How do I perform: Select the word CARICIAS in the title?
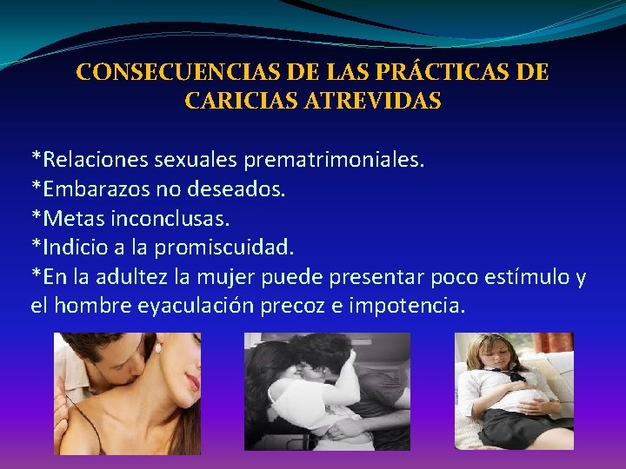click(237, 101)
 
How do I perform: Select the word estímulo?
click(523, 278)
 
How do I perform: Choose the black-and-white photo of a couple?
click(327, 392)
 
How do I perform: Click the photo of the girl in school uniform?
click(514, 392)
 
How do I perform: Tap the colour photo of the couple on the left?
click(127, 393)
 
